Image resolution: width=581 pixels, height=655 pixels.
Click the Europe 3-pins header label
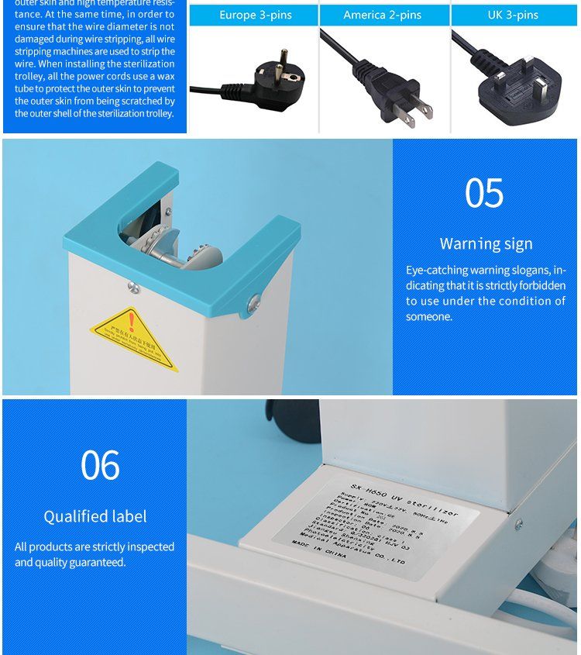click(x=254, y=15)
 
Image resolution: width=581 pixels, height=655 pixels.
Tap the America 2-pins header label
click(x=383, y=15)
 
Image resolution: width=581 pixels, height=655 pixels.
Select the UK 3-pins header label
click(x=513, y=15)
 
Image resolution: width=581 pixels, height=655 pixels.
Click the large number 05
click(x=484, y=194)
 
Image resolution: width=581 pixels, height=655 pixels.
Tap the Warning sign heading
click(x=486, y=243)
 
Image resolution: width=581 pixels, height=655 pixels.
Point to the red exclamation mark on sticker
click(x=132, y=319)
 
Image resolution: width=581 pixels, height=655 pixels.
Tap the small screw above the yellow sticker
click(x=134, y=288)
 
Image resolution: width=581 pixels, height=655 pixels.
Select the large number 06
click(x=100, y=465)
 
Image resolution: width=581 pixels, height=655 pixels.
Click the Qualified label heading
click(x=95, y=516)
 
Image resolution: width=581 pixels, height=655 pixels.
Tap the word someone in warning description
click(x=428, y=316)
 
